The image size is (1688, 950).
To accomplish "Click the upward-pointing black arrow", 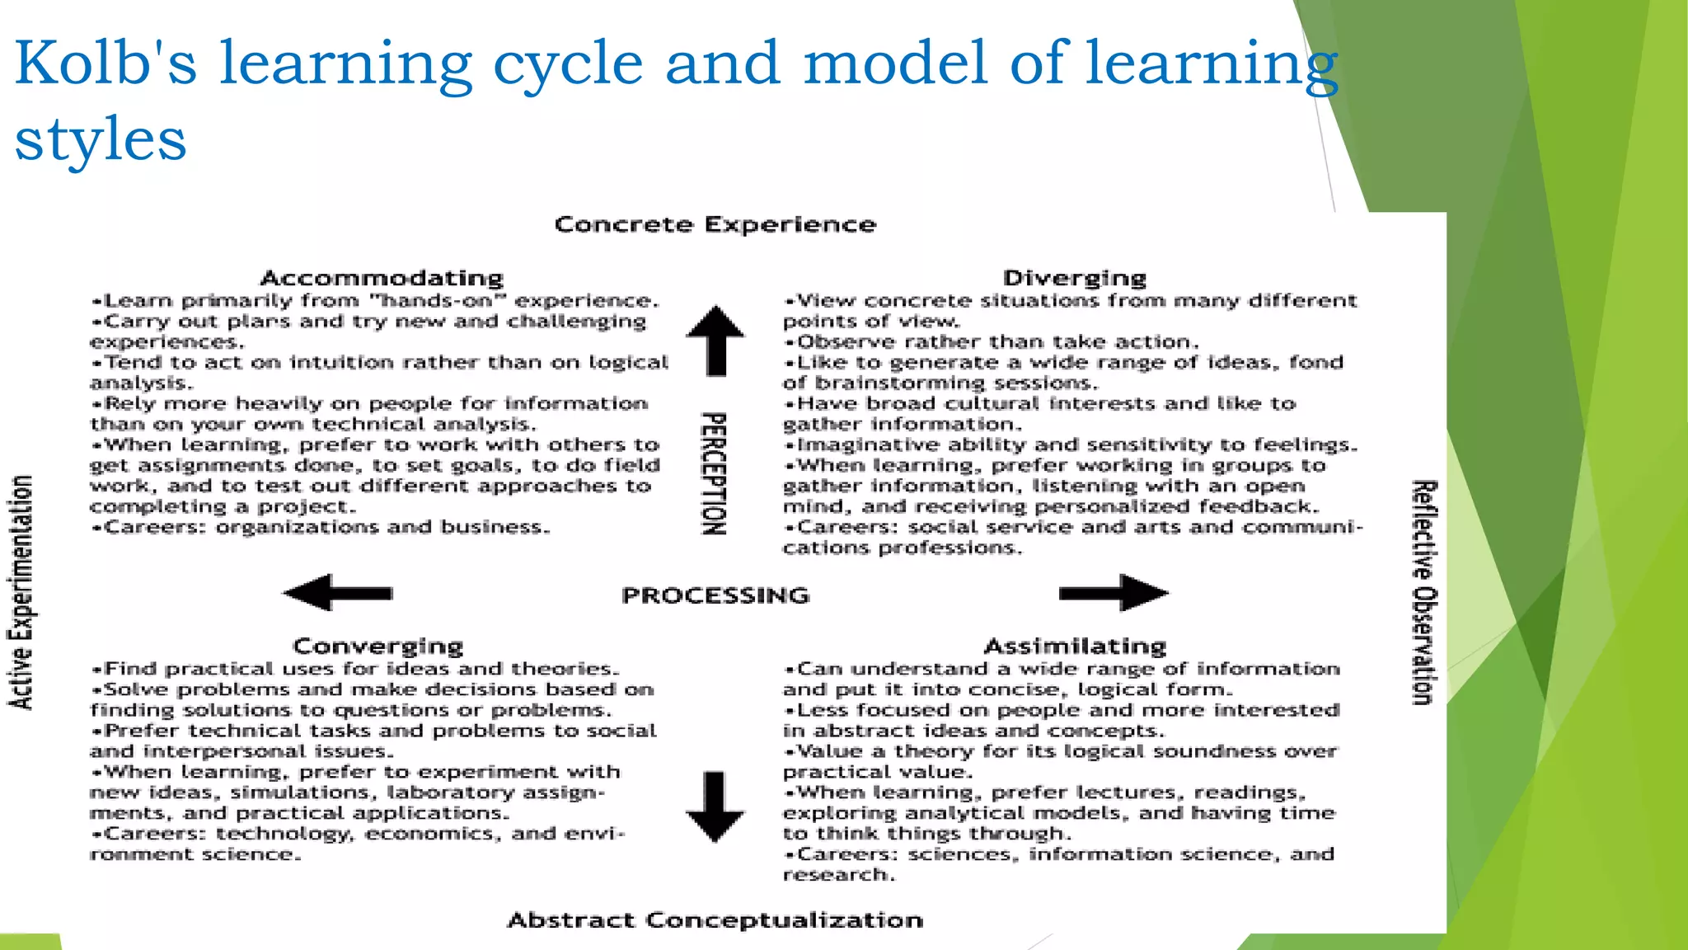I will point(715,340).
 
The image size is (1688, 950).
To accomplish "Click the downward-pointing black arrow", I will point(715,807).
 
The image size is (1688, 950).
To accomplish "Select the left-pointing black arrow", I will point(337,593).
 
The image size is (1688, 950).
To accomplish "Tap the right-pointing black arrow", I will point(1114,593).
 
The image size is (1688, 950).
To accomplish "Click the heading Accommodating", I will point(382,278).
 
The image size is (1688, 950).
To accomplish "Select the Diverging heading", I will point(1075,278).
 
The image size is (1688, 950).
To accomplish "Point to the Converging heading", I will point(378,646).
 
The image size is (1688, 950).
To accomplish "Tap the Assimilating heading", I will point(1075,646).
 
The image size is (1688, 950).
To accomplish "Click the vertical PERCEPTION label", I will point(714,473).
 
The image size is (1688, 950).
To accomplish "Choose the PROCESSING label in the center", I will point(715,595).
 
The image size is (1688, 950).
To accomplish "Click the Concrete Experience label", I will point(715,224).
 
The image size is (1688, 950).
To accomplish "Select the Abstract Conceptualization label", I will point(715,920).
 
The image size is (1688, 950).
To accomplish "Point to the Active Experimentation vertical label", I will point(21,592).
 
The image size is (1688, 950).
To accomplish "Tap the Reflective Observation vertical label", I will point(1424,592).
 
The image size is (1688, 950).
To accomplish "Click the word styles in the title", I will point(101,139).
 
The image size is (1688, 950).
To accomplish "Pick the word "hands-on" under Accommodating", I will point(438,301).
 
